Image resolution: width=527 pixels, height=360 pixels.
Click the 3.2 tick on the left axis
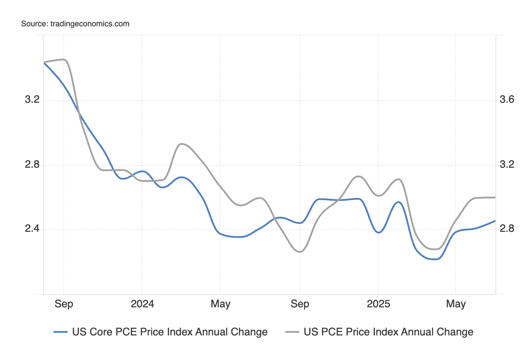click(x=32, y=100)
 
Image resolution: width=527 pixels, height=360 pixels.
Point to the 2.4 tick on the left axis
click(x=32, y=229)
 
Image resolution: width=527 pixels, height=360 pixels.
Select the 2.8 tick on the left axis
click(x=32, y=165)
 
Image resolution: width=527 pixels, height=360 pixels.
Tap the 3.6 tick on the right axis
click(x=507, y=100)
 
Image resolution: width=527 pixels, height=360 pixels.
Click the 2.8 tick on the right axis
click(x=507, y=229)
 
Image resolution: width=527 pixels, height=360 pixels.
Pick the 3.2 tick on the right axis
click(x=507, y=165)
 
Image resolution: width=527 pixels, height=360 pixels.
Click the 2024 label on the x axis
click(x=142, y=304)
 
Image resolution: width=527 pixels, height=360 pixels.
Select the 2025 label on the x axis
click(x=378, y=304)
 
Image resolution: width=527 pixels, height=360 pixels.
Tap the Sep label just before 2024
click(x=64, y=304)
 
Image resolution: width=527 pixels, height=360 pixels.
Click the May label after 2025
click(x=455, y=304)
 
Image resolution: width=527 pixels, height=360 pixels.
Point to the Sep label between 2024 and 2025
click(x=300, y=304)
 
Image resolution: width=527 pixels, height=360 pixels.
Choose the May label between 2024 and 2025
click(x=220, y=304)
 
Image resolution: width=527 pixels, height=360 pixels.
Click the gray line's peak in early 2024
click(x=182, y=144)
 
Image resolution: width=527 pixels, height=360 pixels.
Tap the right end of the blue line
click(x=495, y=221)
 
